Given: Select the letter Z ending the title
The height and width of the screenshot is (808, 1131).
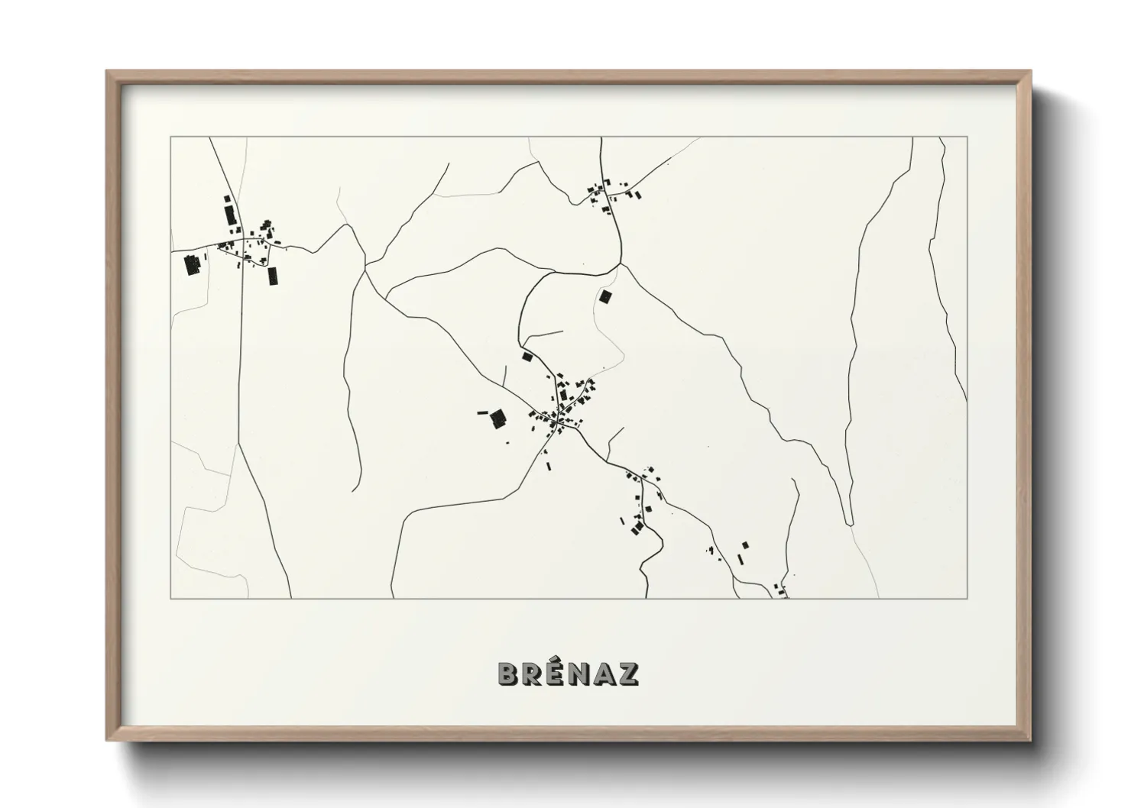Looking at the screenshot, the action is click(x=630, y=674).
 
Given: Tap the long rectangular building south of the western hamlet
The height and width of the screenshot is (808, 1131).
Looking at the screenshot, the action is click(x=272, y=275).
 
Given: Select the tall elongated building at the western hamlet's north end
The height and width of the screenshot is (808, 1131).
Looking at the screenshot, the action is click(x=228, y=211).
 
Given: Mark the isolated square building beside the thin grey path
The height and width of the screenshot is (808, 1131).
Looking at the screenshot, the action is click(x=606, y=296).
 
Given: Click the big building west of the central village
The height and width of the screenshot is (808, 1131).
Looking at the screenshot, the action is click(x=498, y=417).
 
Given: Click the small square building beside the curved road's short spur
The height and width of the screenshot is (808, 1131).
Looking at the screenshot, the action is click(x=527, y=357).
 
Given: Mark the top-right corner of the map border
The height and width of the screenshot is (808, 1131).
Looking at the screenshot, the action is click(x=967, y=137).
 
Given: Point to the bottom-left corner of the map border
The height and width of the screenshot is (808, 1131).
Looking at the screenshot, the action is click(x=170, y=598).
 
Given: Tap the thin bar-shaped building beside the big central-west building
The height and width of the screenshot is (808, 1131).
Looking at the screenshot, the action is click(x=482, y=412).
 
